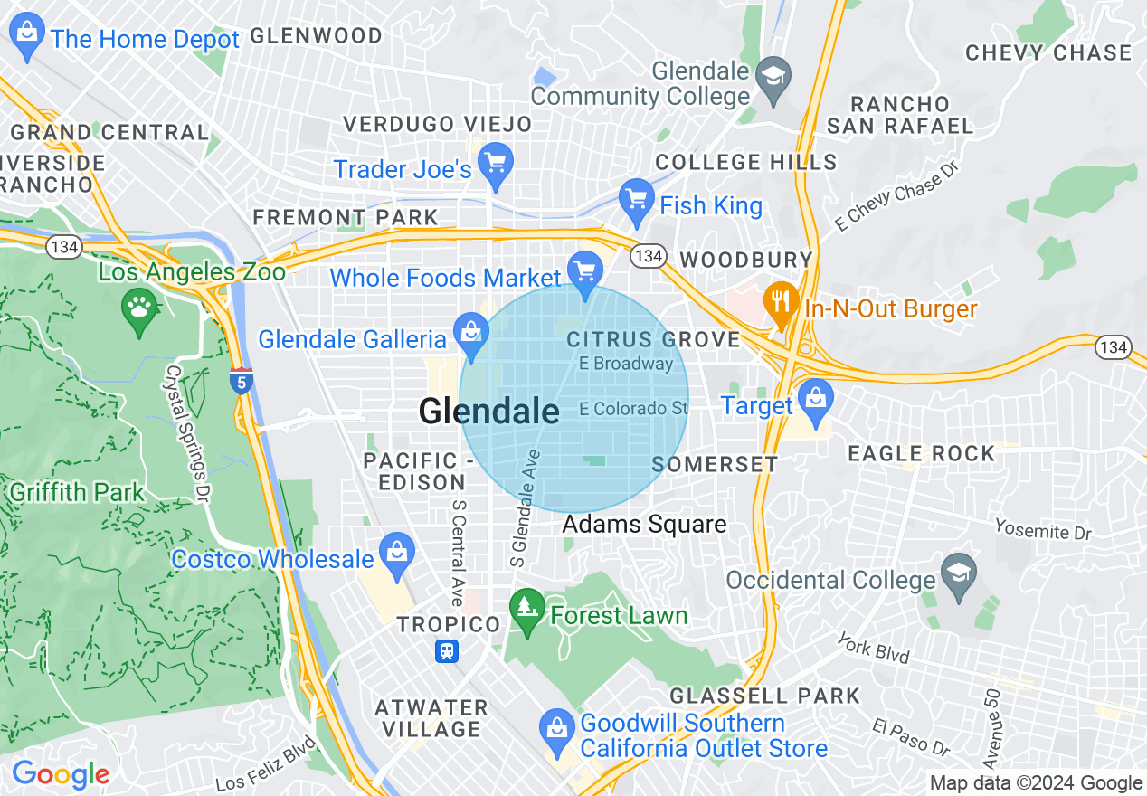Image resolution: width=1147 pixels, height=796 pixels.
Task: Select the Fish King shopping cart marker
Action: pos(637,201)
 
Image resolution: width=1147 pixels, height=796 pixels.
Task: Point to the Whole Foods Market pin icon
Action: pos(585,271)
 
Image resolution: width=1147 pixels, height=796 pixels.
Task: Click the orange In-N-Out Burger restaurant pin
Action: pos(779,303)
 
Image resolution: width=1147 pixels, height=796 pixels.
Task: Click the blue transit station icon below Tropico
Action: pos(447,651)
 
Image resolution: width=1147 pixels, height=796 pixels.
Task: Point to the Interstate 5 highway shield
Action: pos(240,382)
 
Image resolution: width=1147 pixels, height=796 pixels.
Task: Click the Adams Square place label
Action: pos(644,525)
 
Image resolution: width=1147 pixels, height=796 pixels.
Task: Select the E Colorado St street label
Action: pos(633,409)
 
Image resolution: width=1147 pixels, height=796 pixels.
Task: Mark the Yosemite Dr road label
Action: pos(1043,529)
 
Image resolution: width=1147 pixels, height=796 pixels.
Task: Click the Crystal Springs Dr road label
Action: pos(185,433)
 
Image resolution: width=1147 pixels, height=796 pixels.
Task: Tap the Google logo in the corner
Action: pos(61,775)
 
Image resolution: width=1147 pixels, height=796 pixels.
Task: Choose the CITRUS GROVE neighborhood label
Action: pos(653,340)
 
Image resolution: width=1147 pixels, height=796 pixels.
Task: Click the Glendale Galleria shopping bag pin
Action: pos(470,334)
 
